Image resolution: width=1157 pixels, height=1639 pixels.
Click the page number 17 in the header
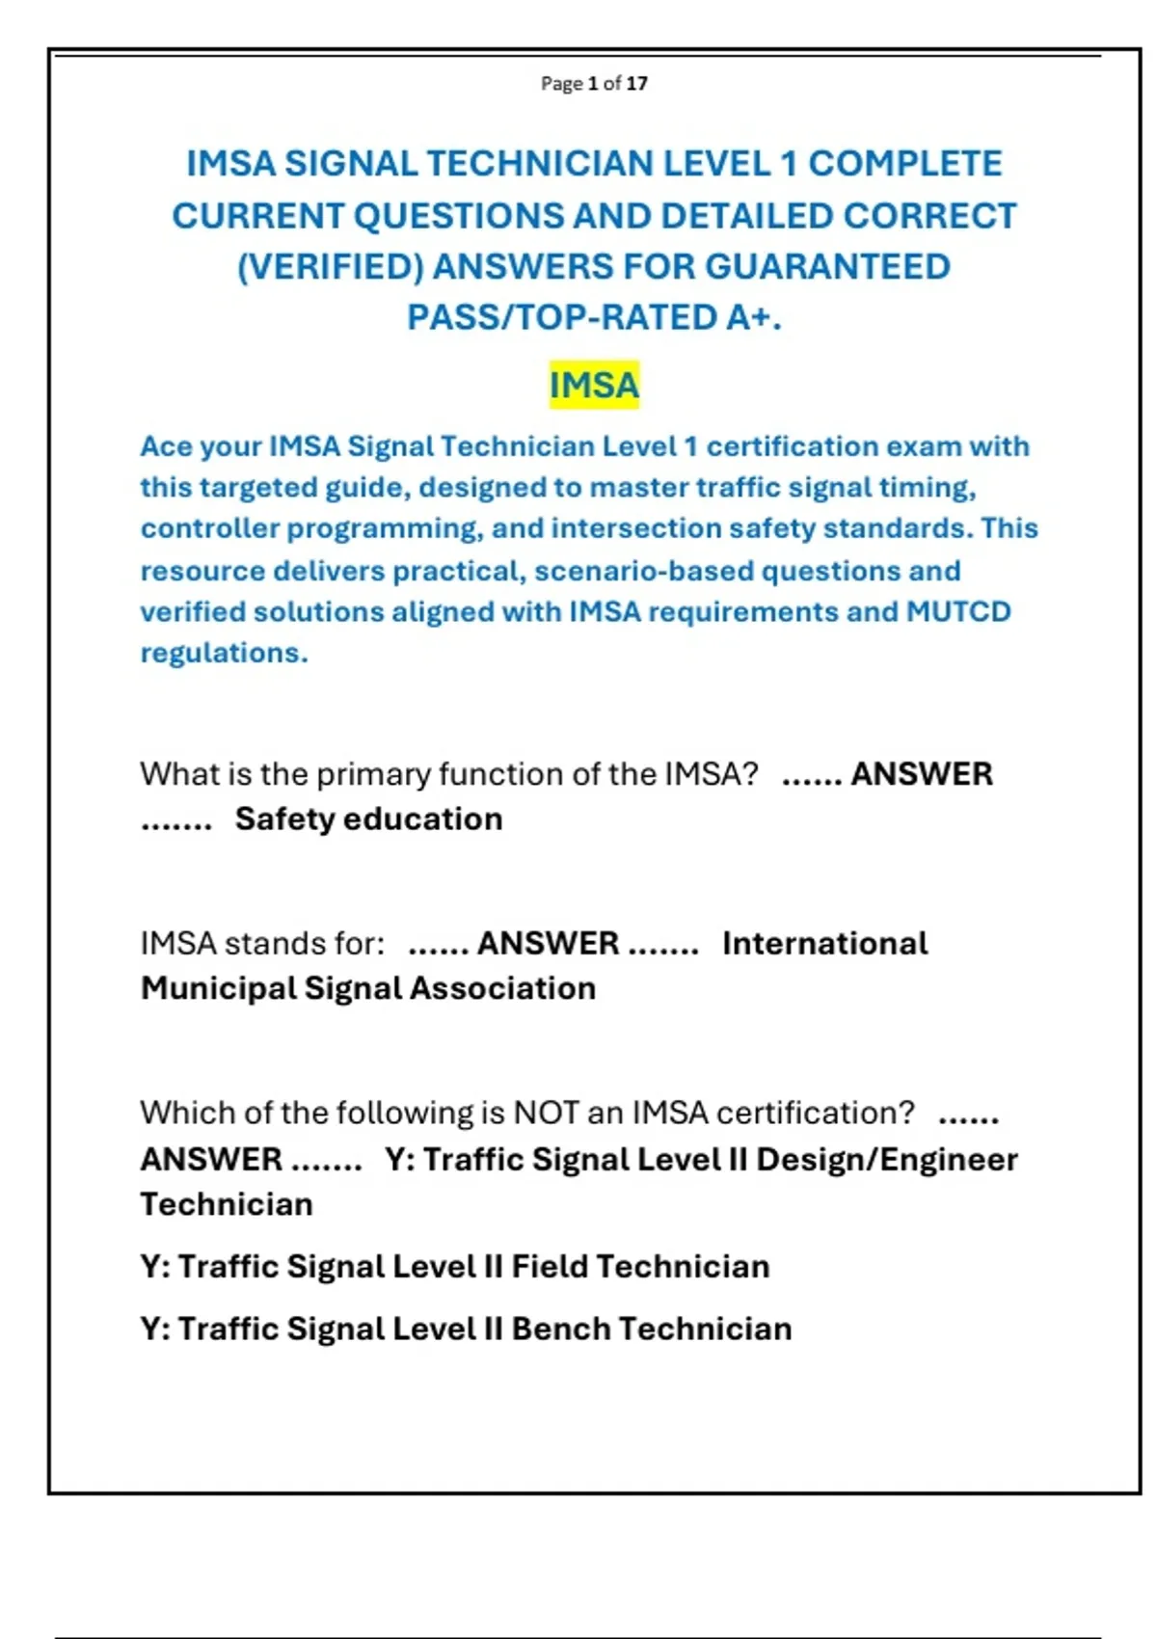(636, 84)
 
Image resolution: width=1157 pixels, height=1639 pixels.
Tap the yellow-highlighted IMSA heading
(594, 385)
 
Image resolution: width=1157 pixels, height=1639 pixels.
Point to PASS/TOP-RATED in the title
(562, 317)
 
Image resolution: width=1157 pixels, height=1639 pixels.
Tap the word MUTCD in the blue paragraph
(958, 611)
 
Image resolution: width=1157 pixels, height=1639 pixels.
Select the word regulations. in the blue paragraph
(224, 653)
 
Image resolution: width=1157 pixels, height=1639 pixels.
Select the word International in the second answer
(824, 943)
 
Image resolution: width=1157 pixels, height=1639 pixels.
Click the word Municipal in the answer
(219, 988)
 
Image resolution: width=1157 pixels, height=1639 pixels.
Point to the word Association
(502, 988)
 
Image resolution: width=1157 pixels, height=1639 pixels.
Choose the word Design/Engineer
(886, 1159)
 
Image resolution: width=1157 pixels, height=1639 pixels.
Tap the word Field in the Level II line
(549, 1266)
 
